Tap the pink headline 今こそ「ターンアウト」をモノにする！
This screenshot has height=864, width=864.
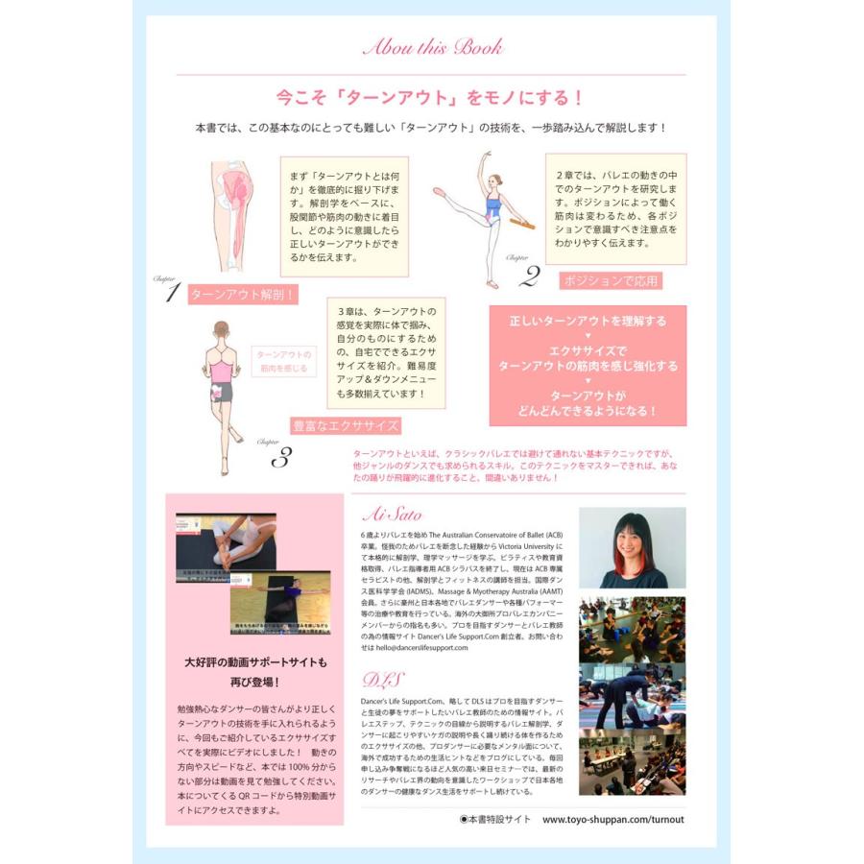click(x=431, y=98)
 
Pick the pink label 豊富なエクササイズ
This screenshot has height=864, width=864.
click(x=346, y=424)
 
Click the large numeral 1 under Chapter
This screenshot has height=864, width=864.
click(x=172, y=294)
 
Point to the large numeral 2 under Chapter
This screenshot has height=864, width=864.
click(x=528, y=276)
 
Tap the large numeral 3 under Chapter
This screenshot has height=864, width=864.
click(x=280, y=458)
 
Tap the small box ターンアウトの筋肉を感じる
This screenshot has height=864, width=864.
click(x=284, y=362)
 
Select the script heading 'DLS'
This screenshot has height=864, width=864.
click(x=377, y=680)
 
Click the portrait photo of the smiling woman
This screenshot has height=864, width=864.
click(x=631, y=547)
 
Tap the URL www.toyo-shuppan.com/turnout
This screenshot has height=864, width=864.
click(x=613, y=820)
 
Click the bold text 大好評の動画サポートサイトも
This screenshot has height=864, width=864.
click(x=255, y=661)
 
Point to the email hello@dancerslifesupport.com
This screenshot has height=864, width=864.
click(x=416, y=648)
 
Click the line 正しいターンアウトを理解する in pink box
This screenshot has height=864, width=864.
click(x=588, y=321)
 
